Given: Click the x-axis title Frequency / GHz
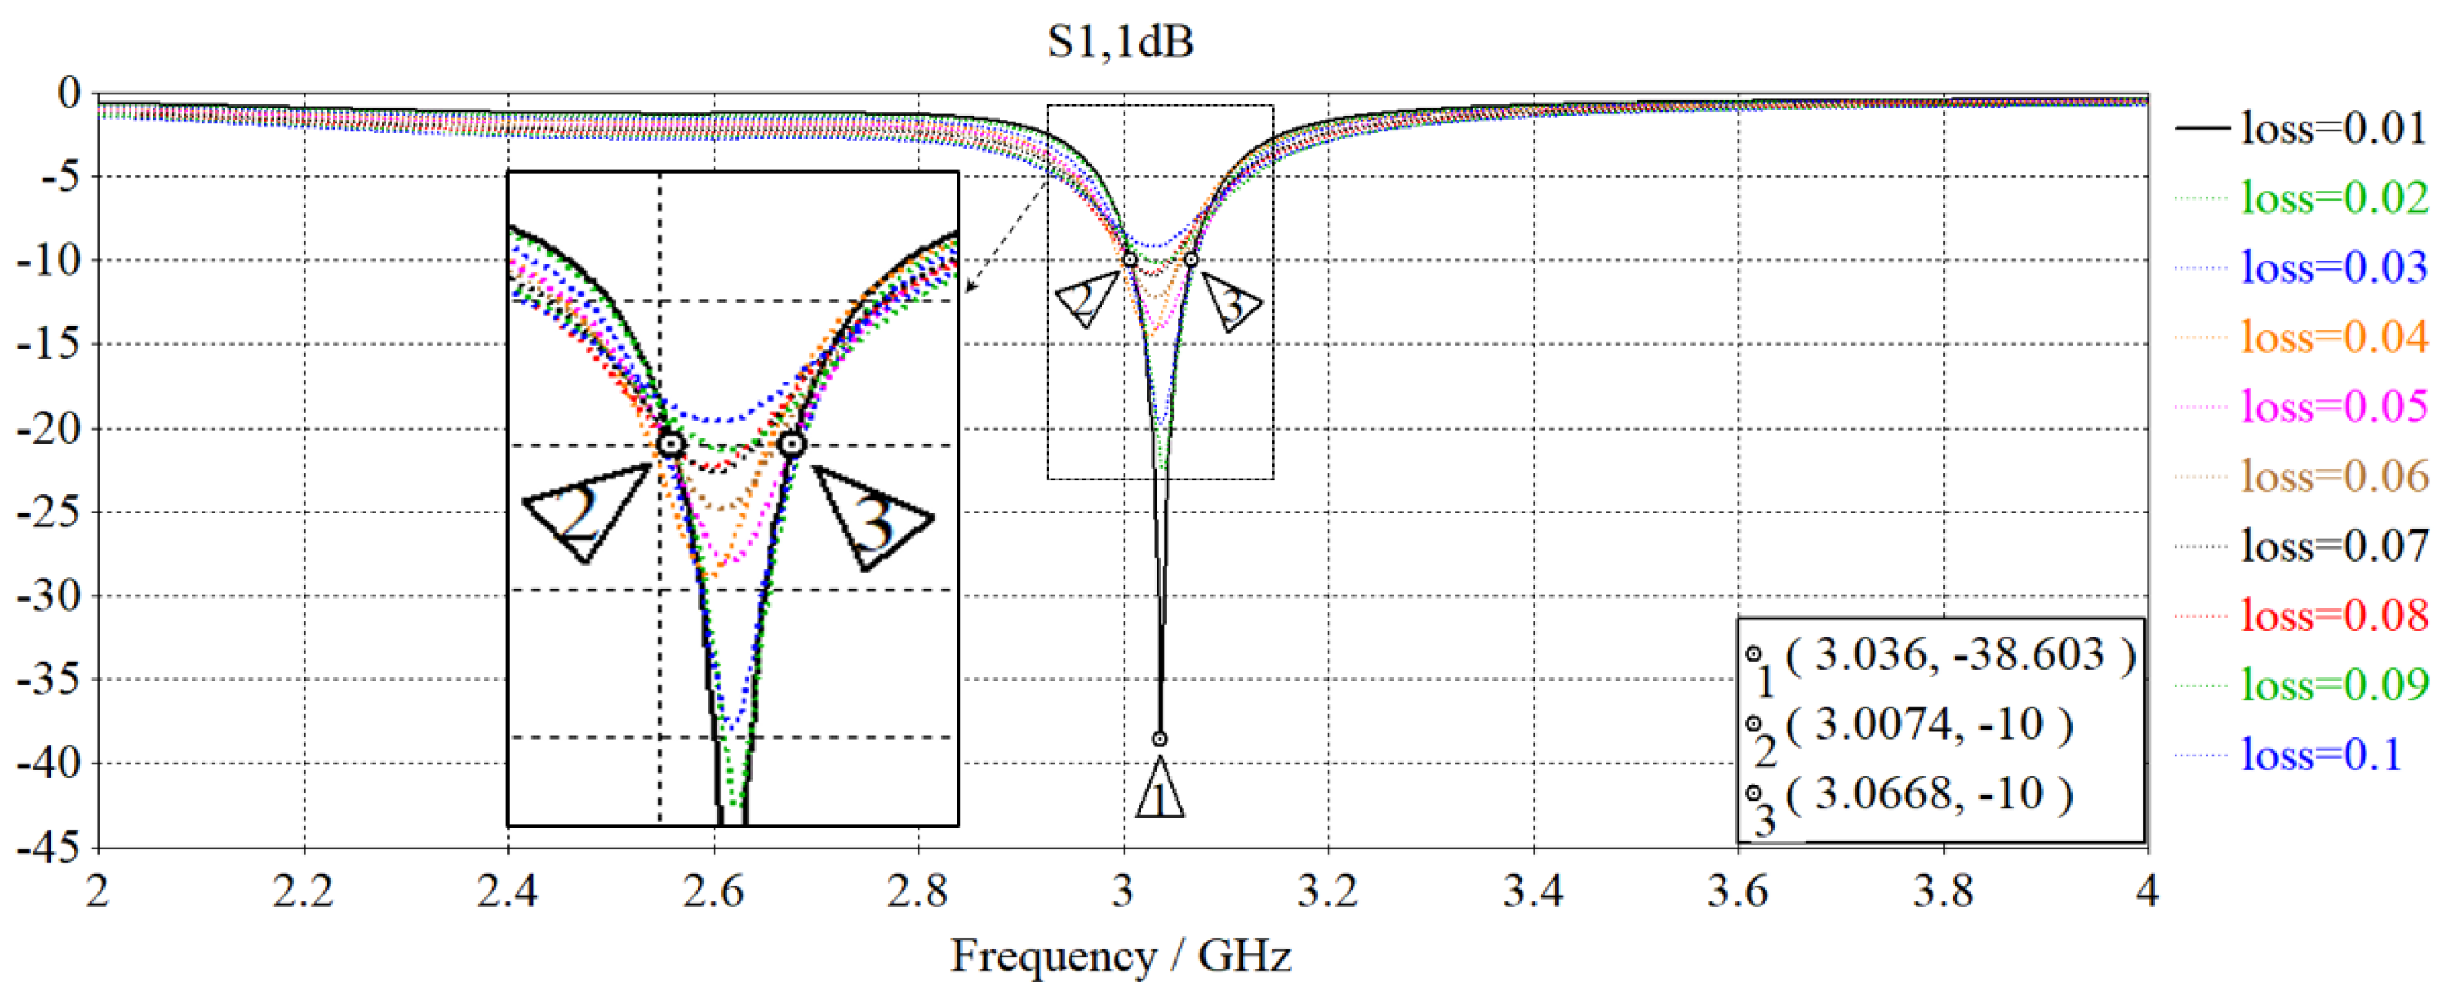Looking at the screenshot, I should tap(1121, 955).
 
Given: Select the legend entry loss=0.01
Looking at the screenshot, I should tap(2334, 127).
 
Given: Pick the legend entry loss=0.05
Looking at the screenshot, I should tap(2334, 406).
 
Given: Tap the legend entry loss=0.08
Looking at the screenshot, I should tap(2334, 615).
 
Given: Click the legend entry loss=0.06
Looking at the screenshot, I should tap(2334, 476).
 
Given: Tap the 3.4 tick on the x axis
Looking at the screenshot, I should tap(1534, 891).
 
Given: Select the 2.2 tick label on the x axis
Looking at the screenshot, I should tap(303, 891).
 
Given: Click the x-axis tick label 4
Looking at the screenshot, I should tap(2147, 891).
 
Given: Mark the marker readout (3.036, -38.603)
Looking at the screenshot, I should tap(1960, 655).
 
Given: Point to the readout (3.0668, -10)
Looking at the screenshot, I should tap(1928, 795).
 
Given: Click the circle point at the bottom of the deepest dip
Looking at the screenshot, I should tap(1160, 739).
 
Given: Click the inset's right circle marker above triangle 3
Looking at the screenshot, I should tap(791, 444).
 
